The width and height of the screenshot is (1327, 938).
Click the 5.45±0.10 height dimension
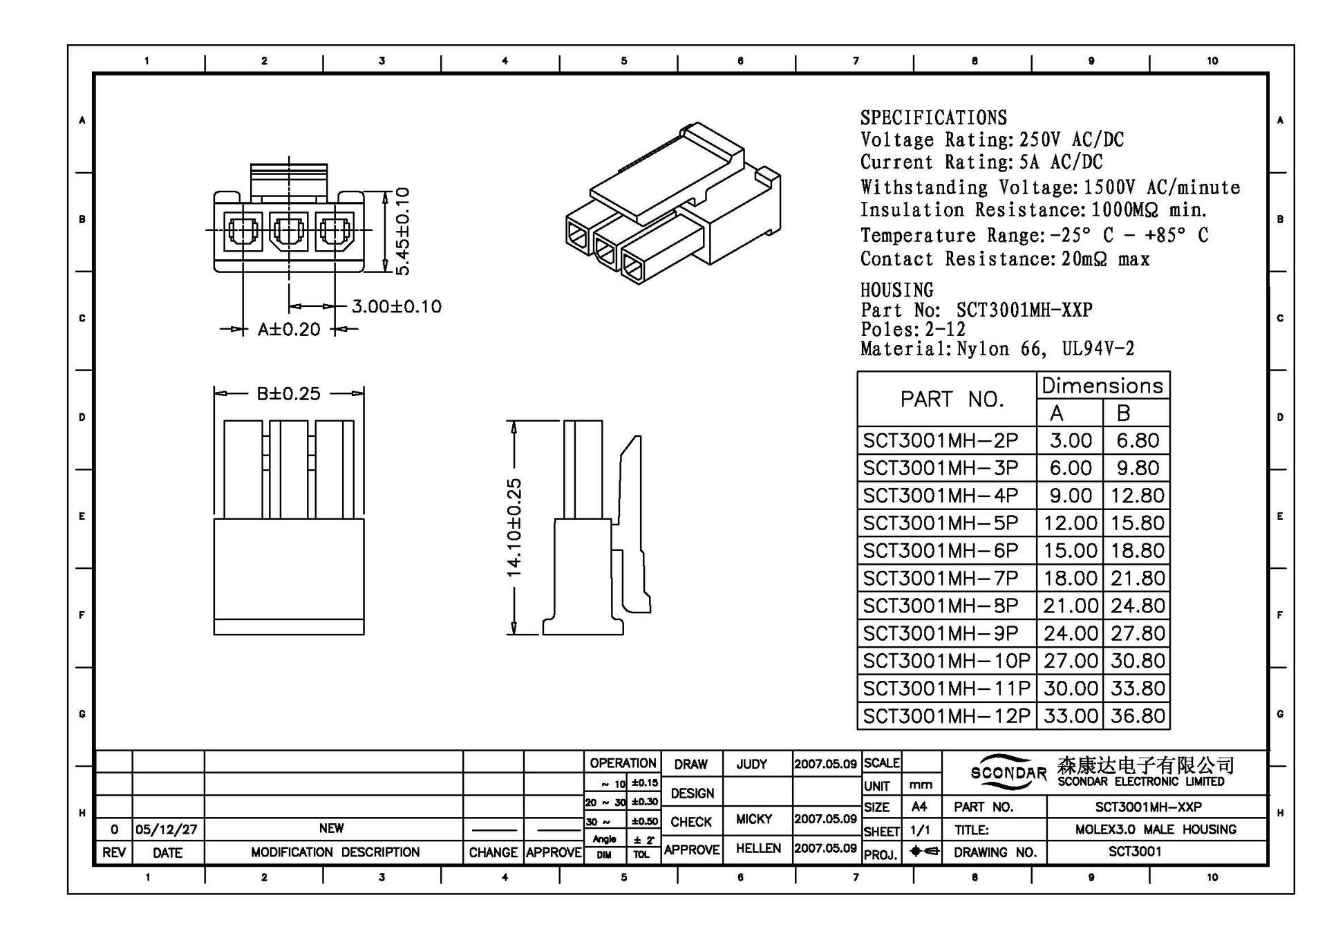(403, 231)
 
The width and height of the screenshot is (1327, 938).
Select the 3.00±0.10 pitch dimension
(396, 306)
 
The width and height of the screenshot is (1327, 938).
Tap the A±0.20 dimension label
(289, 329)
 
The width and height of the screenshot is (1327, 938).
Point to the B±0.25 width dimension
(289, 393)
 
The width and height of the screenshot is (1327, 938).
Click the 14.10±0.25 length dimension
(514, 527)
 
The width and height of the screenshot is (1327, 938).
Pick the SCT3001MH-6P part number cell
(941, 551)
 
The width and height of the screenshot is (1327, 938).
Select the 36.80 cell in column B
(1138, 716)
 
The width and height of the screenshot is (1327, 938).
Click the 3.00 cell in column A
(1070, 440)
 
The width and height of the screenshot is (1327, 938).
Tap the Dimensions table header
(1102, 385)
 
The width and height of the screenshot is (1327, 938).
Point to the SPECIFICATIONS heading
(933, 118)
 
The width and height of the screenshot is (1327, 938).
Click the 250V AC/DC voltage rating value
(1071, 140)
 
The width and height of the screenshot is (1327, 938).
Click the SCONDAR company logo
(1008, 772)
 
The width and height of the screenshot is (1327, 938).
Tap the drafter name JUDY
(751, 764)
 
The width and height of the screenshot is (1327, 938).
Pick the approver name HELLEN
(757, 848)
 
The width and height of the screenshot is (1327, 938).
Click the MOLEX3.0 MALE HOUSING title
(1156, 829)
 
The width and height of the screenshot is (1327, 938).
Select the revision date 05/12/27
(166, 829)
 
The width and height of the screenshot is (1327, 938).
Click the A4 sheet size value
(919, 807)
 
